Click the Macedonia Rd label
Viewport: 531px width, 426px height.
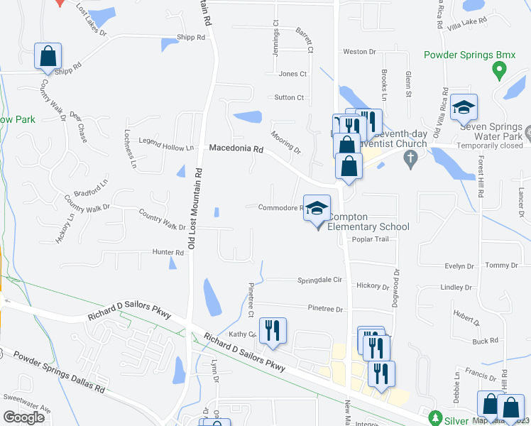236,150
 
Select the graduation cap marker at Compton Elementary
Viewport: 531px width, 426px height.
317,209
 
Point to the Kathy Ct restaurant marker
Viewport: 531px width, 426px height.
272,331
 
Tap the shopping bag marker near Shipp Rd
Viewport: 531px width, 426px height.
48,57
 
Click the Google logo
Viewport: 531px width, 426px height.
23,417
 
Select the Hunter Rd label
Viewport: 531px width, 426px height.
168,252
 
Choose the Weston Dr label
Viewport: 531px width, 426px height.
359,52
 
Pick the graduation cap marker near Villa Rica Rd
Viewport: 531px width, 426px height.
464,107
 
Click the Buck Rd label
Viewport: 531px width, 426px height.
485,341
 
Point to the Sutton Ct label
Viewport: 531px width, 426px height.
289,97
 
